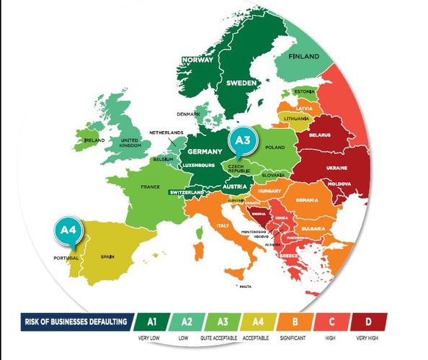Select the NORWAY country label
pos(198,60)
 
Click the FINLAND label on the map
pos(303,56)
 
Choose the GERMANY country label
pos(204,153)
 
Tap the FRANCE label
pos(150,187)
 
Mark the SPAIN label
pos(108,256)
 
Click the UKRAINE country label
pos(336,168)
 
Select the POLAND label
pos(276,146)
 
